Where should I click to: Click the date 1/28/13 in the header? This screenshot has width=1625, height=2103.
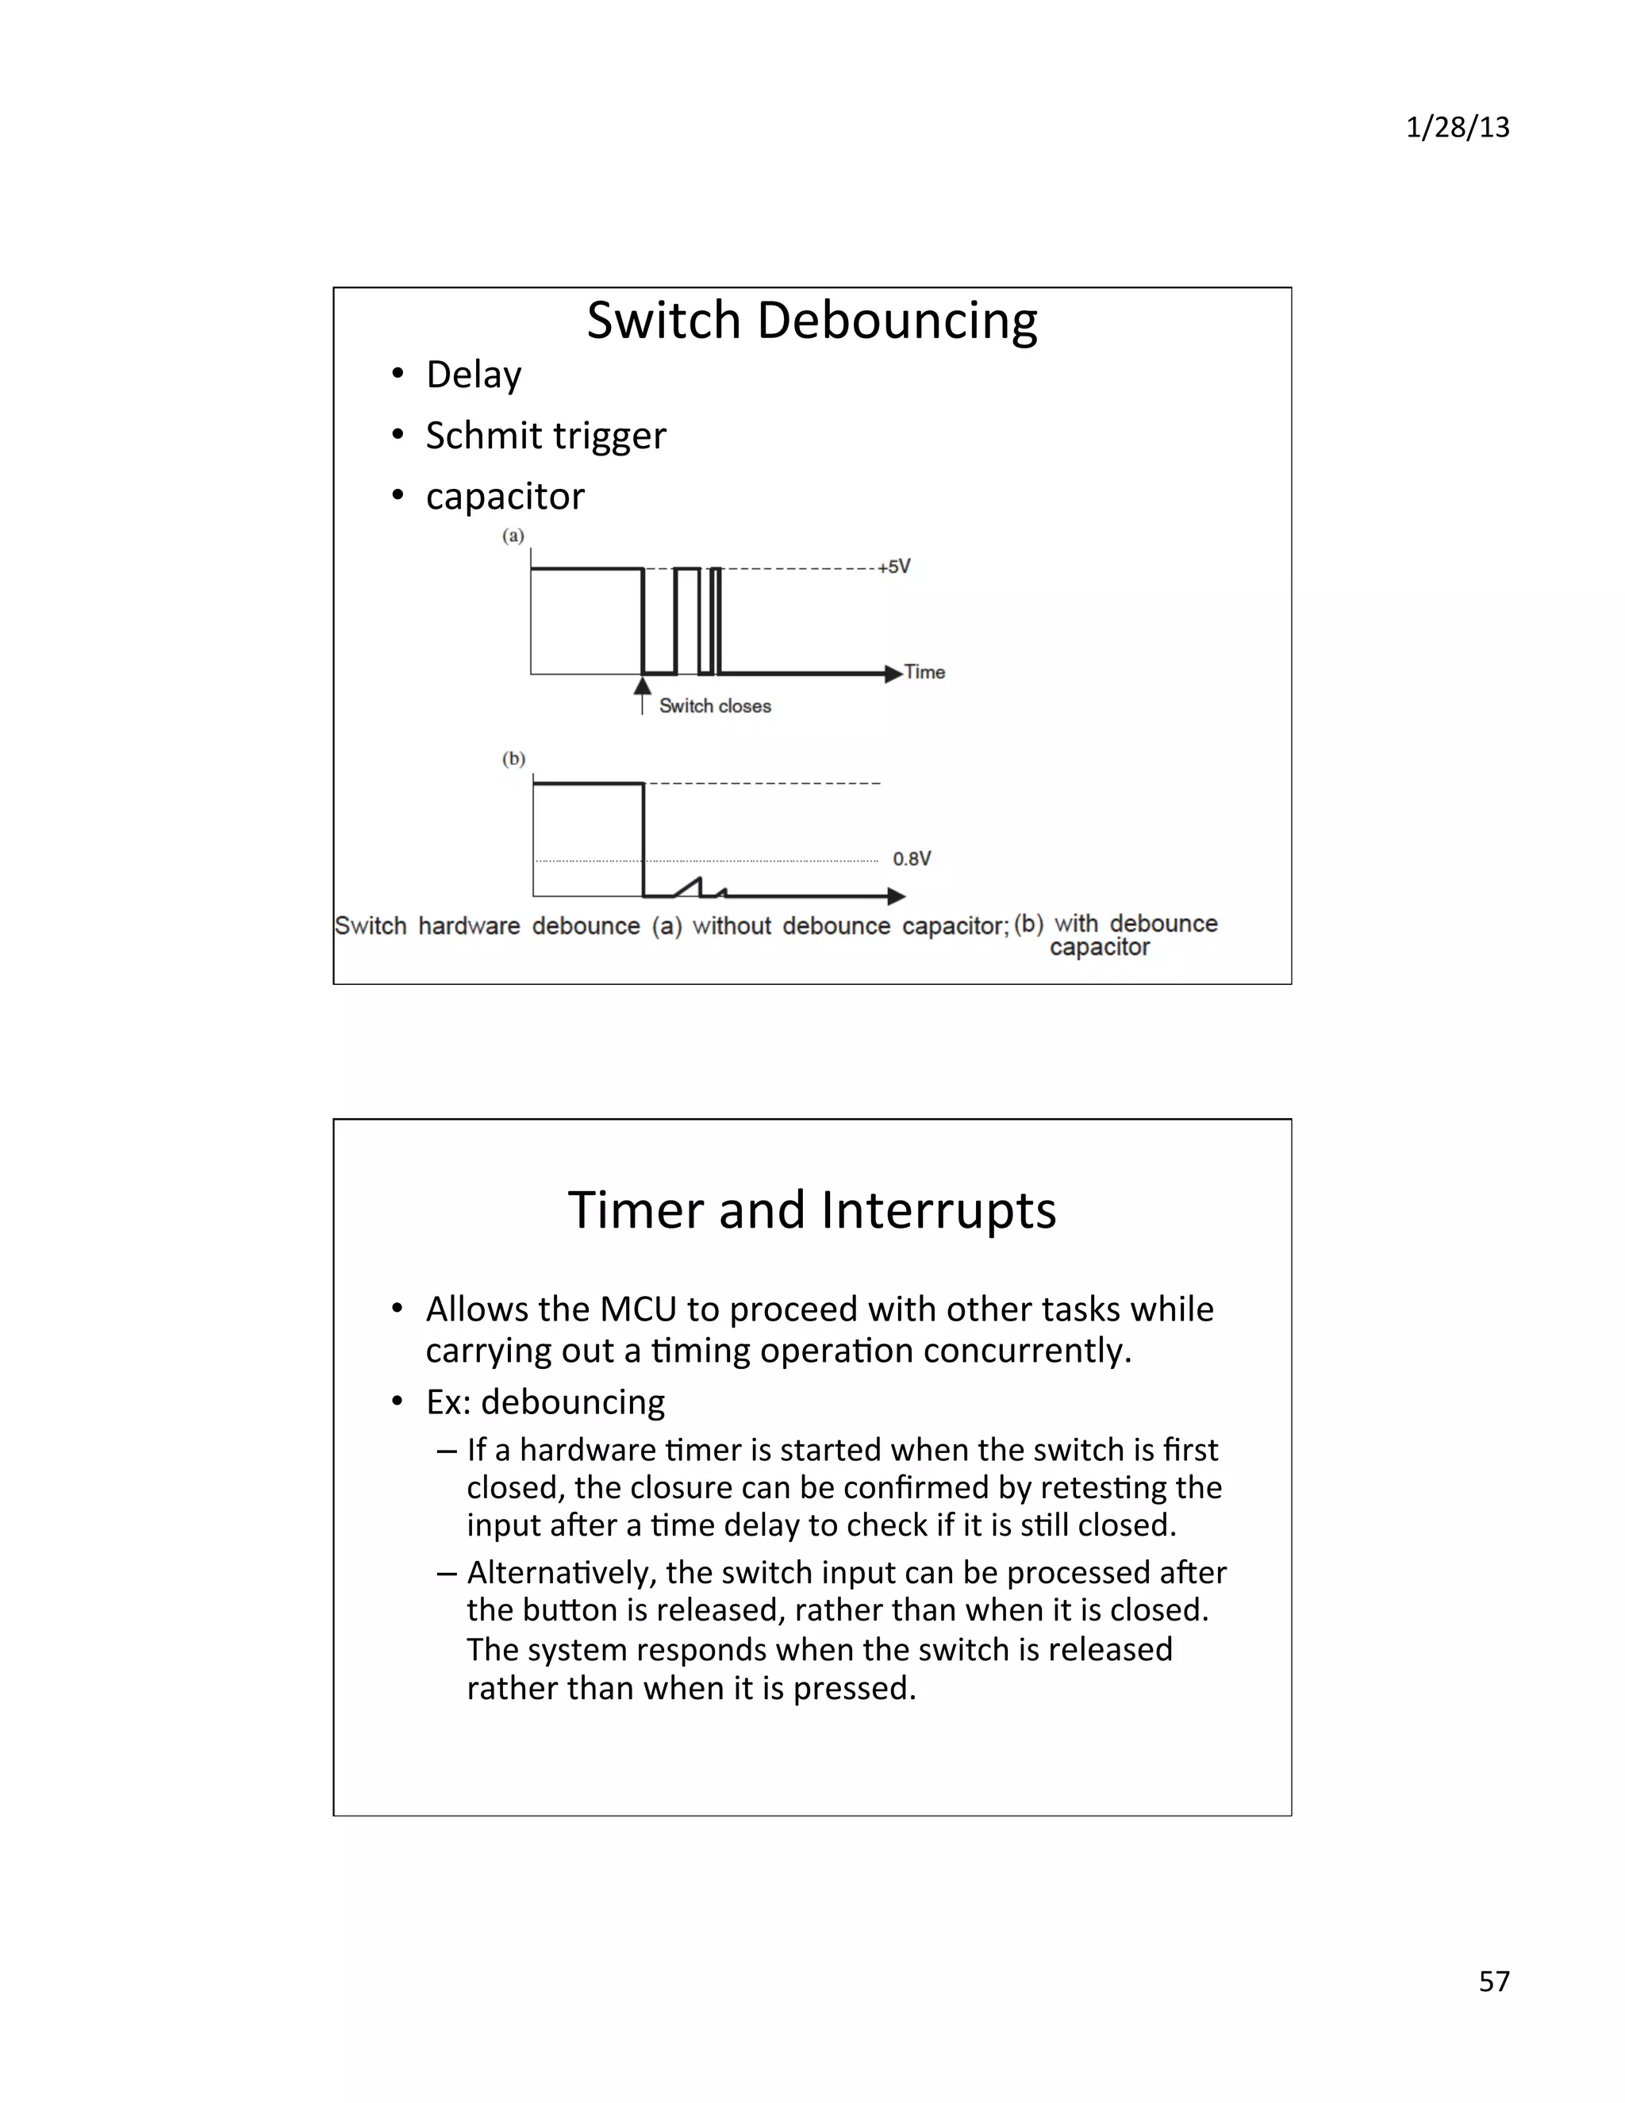[1457, 127]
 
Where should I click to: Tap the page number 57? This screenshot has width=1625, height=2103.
[1494, 1981]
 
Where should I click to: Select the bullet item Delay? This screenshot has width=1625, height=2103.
[473, 375]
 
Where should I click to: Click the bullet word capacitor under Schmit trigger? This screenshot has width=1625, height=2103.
[505, 497]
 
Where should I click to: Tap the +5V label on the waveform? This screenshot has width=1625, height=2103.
[894, 566]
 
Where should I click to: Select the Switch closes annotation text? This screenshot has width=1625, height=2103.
[714, 705]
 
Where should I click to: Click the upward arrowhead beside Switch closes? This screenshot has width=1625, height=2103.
[642, 686]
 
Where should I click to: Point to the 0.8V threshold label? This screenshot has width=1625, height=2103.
[912, 858]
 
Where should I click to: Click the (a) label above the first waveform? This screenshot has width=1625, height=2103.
[513, 536]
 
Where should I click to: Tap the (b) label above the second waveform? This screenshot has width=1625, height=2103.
[514, 759]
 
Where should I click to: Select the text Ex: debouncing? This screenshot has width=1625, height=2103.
[545, 1402]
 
